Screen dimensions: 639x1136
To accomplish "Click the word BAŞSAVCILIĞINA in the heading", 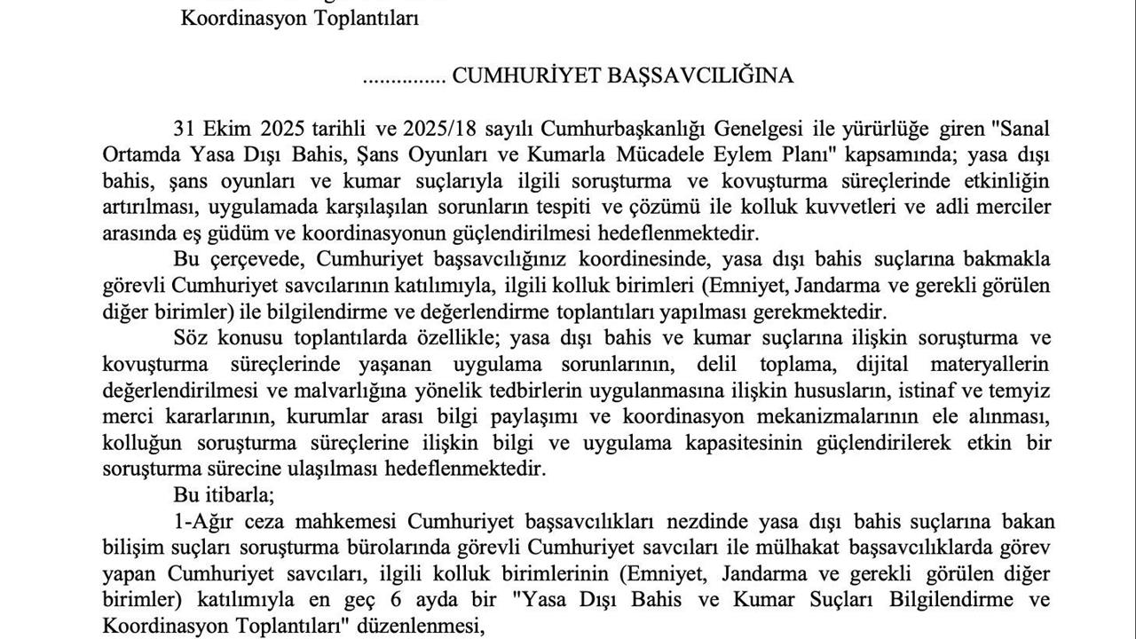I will (x=700, y=76).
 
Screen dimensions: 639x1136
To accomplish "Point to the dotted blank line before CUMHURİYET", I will (x=404, y=78).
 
